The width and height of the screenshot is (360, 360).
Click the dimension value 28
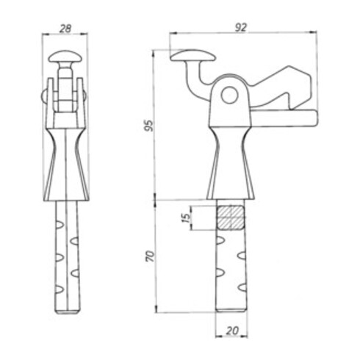pos(65,29)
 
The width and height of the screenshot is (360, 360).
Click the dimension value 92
pos(241,28)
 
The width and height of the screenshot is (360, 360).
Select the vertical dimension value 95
pos(149,126)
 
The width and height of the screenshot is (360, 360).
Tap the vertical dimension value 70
pos(150,256)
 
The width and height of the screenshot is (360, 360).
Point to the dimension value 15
pos(187,217)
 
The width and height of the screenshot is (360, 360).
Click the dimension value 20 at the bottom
pos(232,331)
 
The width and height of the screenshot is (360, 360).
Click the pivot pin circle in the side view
pos(229,96)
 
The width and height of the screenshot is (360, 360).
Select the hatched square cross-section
pos(231,217)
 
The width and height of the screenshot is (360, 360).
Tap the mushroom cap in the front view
pos(65,57)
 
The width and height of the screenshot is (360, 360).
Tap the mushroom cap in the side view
pos(193,55)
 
